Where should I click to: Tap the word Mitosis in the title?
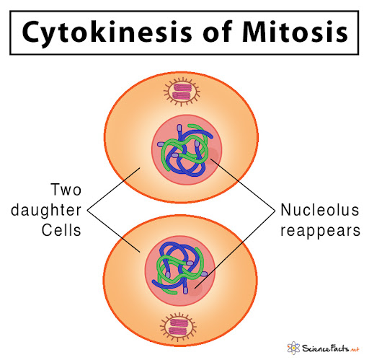click(295, 32)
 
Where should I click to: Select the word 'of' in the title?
click(218, 32)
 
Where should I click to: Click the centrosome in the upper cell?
click(182, 92)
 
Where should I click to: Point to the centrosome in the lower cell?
click(178, 327)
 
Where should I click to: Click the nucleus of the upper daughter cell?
click(187, 150)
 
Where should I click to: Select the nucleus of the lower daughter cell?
click(180, 271)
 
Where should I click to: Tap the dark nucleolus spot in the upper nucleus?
click(213, 156)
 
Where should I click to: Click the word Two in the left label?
click(66, 190)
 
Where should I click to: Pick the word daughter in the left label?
click(46, 210)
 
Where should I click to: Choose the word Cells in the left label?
click(61, 230)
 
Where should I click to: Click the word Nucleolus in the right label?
click(320, 210)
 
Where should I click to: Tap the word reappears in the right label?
click(321, 231)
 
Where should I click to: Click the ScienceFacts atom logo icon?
click(293, 348)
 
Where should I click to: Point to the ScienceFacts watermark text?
click(331, 348)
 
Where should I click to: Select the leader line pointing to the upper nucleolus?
click(243, 185)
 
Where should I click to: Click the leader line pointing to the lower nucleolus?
click(235, 250)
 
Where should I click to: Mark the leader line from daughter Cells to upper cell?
click(113, 189)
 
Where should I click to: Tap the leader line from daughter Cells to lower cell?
click(113, 232)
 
